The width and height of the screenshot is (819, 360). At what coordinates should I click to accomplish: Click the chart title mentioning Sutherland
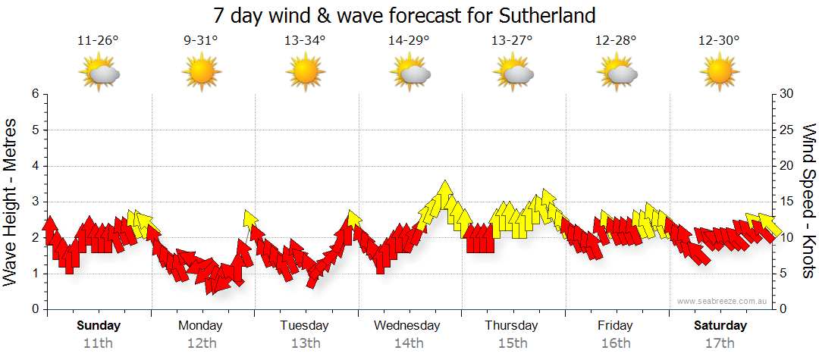(403, 14)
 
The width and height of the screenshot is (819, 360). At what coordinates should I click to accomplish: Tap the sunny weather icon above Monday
(201, 73)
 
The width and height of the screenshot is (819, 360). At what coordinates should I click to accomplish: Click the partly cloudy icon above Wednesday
(409, 73)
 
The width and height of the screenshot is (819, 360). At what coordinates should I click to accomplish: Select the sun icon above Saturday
(720, 73)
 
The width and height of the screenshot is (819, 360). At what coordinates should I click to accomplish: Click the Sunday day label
(99, 326)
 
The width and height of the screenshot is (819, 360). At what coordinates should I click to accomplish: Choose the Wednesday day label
(407, 326)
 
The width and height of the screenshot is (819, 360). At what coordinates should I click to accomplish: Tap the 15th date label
(513, 343)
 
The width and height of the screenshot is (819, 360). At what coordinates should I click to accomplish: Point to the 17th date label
(720, 343)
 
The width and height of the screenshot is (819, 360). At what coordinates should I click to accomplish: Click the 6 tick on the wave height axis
(35, 94)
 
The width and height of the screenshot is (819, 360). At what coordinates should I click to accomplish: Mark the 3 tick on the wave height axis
(35, 202)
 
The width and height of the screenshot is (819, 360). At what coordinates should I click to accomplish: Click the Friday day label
(615, 326)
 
